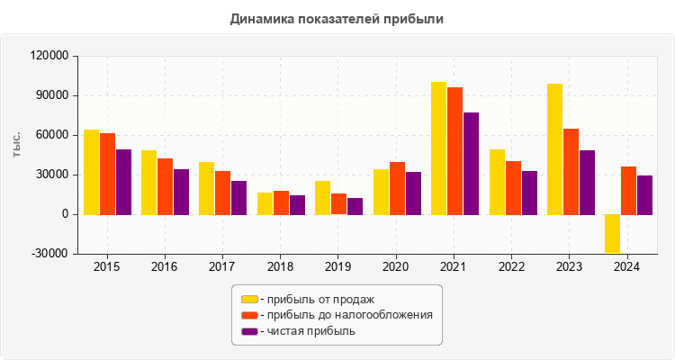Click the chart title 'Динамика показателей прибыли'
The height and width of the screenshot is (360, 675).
[337, 18]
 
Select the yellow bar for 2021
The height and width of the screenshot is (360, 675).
[438, 148]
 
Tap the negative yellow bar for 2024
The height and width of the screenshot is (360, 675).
[612, 233]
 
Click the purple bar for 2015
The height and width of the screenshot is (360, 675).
[123, 182]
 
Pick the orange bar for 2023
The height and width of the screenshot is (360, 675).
[571, 171]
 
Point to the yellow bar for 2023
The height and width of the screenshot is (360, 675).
[554, 149]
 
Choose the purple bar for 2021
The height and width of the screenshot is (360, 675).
[471, 164]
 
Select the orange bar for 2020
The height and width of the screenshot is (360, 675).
[397, 188]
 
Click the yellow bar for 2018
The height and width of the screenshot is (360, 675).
[265, 203]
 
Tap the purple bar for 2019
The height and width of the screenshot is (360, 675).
[355, 206]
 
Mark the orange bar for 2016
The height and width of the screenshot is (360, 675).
[165, 186]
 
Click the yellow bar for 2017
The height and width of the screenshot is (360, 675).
[207, 188]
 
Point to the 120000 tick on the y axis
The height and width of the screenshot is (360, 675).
[49, 56]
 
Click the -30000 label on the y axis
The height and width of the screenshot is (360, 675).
[49, 254]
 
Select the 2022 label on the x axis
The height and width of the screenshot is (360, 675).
[512, 267]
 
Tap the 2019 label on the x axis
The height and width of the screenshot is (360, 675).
[338, 267]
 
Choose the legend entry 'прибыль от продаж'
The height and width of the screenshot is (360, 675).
[316, 299]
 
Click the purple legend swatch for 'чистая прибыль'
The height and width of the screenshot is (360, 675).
[249, 331]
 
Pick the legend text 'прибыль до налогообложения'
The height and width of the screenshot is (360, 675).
[346, 315]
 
